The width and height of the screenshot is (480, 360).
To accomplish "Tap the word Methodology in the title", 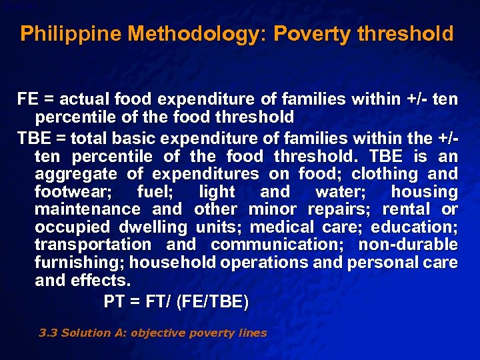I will tap(165, 33).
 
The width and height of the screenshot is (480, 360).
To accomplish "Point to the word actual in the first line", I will tap(87, 100).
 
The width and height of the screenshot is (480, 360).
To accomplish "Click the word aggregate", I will tap(77, 174).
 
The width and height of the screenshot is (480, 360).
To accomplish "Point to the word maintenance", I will tap(88, 209).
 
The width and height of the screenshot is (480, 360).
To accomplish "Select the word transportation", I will tap(93, 245).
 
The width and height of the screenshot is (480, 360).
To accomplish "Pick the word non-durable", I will tap(409, 245).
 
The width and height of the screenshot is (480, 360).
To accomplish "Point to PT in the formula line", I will tap(113, 302).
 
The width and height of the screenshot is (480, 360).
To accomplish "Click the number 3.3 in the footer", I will tap(49, 333).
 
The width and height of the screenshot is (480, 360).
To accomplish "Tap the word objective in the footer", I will tap(158, 333).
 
